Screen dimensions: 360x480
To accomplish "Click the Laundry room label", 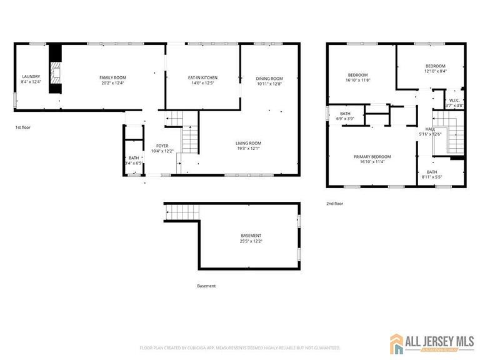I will click(31, 77).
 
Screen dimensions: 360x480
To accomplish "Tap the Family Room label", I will click(112, 77).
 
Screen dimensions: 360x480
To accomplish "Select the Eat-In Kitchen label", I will click(202, 77).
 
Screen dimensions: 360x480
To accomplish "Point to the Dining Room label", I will click(269, 78).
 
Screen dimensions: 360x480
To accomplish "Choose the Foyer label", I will click(162, 146).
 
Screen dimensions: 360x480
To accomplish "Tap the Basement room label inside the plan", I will click(250, 236).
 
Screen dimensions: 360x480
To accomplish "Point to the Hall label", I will click(430, 129).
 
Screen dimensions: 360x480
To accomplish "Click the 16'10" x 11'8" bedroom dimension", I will click(358, 80).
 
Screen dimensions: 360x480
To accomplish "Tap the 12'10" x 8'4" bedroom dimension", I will click(436, 71).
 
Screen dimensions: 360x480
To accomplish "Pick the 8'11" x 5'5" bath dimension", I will click(432, 177).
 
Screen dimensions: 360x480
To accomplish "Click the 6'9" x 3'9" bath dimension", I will click(346, 119).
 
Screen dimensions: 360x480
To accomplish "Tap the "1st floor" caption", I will click(23, 127).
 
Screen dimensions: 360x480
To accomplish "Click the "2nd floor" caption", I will click(334, 203).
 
